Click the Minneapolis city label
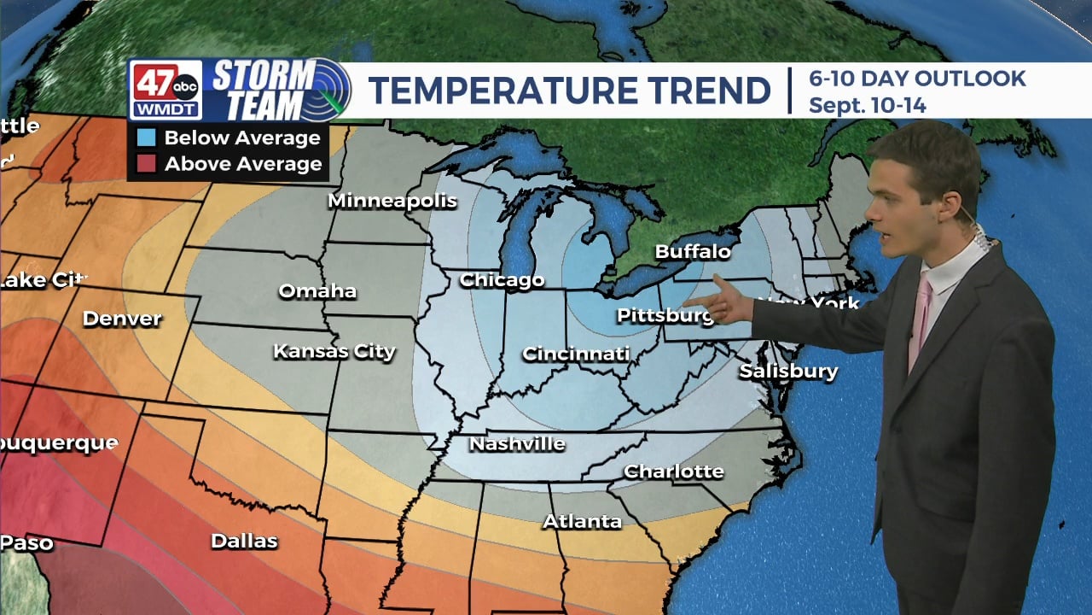pyautogui.click(x=392, y=202)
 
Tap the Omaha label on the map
pyautogui.click(x=317, y=291)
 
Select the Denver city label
pyautogui.click(x=122, y=319)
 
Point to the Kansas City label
pyautogui.click(x=334, y=351)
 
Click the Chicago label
pyautogui.click(x=502, y=280)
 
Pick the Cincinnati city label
pyautogui.click(x=576, y=354)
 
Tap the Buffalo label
pyautogui.click(x=693, y=252)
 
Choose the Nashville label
pyautogui.click(x=517, y=444)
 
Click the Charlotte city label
pyautogui.click(x=673, y=471)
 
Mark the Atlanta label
pyautogui.click(x=582, y=521)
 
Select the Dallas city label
pyautogui.click(x=244, y=542)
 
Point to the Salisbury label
pyautogui.click(x=788, y=372)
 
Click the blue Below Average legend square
pyautogui.click(x=146, y=138)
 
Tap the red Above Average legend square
pyautogui.click(x=146, y=164)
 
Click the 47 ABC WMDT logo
pyautogui.click(x=166, y=90)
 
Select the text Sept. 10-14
pyautogui.click(x=867, y=106)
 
